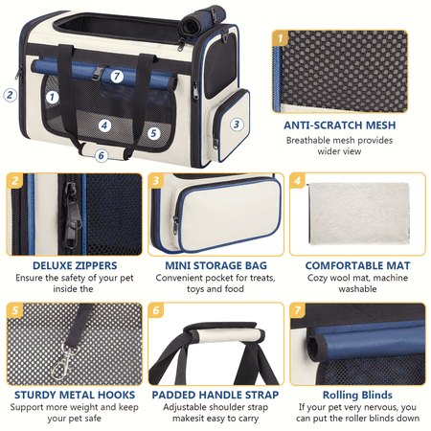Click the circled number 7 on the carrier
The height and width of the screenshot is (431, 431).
point(117,77)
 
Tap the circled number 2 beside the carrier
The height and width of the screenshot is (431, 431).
point(10,95)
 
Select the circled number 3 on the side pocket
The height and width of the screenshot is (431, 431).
point(237,125)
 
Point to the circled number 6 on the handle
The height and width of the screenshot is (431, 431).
point(102,155)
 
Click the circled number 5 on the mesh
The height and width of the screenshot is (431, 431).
point(153,133)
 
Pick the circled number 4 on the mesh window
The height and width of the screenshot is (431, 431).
point(104,125)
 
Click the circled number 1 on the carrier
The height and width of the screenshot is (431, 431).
point(52,97)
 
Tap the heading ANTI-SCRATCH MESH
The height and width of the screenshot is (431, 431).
point(340,125)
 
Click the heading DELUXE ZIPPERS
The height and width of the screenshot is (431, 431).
point(75,265)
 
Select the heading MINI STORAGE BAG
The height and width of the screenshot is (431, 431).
point(215,265)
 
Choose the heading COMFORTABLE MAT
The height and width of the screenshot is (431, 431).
point(357,265)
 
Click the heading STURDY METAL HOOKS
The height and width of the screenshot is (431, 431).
point(75,395)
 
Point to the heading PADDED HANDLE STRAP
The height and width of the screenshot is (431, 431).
point(215,395)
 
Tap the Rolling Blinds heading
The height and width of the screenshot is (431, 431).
point(357,395)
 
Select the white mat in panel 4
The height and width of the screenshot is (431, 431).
point(359,214)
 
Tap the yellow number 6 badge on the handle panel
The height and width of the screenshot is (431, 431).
point(156,310)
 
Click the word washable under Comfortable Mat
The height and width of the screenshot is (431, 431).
point(357,289)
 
